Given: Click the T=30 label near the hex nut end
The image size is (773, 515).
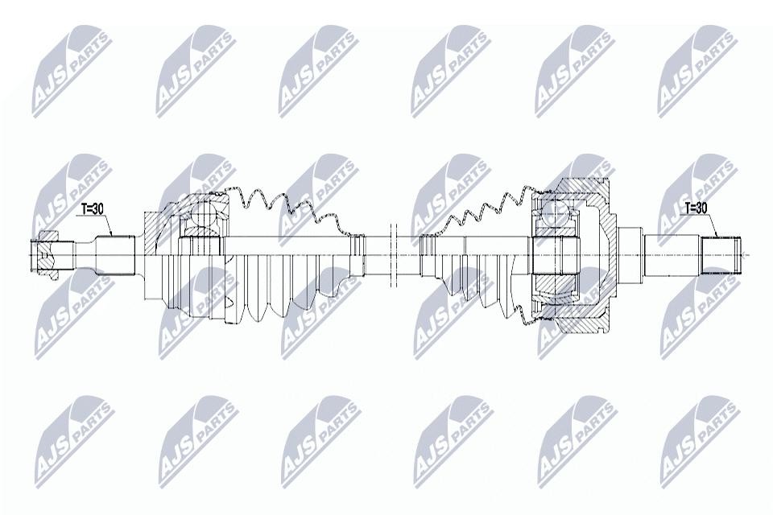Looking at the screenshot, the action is pyautogui.click(x=92, y=209).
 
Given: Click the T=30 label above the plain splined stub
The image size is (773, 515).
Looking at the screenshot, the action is pyautogui.click(x=696, y=209).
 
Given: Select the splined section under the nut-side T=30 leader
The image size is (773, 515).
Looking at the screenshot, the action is pyautogui.click(x=115, y=255).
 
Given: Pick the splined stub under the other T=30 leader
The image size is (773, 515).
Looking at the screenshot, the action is pyautogui.click(x=721, y=255).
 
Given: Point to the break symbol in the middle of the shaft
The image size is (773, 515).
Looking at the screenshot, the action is pyautogui.click(x=394, y=255).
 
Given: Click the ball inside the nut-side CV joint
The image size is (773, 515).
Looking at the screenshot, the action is pyautogui.click(x=205, y=216).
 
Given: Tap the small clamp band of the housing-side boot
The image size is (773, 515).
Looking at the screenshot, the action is pyautogui.click(x=428, y=255).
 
